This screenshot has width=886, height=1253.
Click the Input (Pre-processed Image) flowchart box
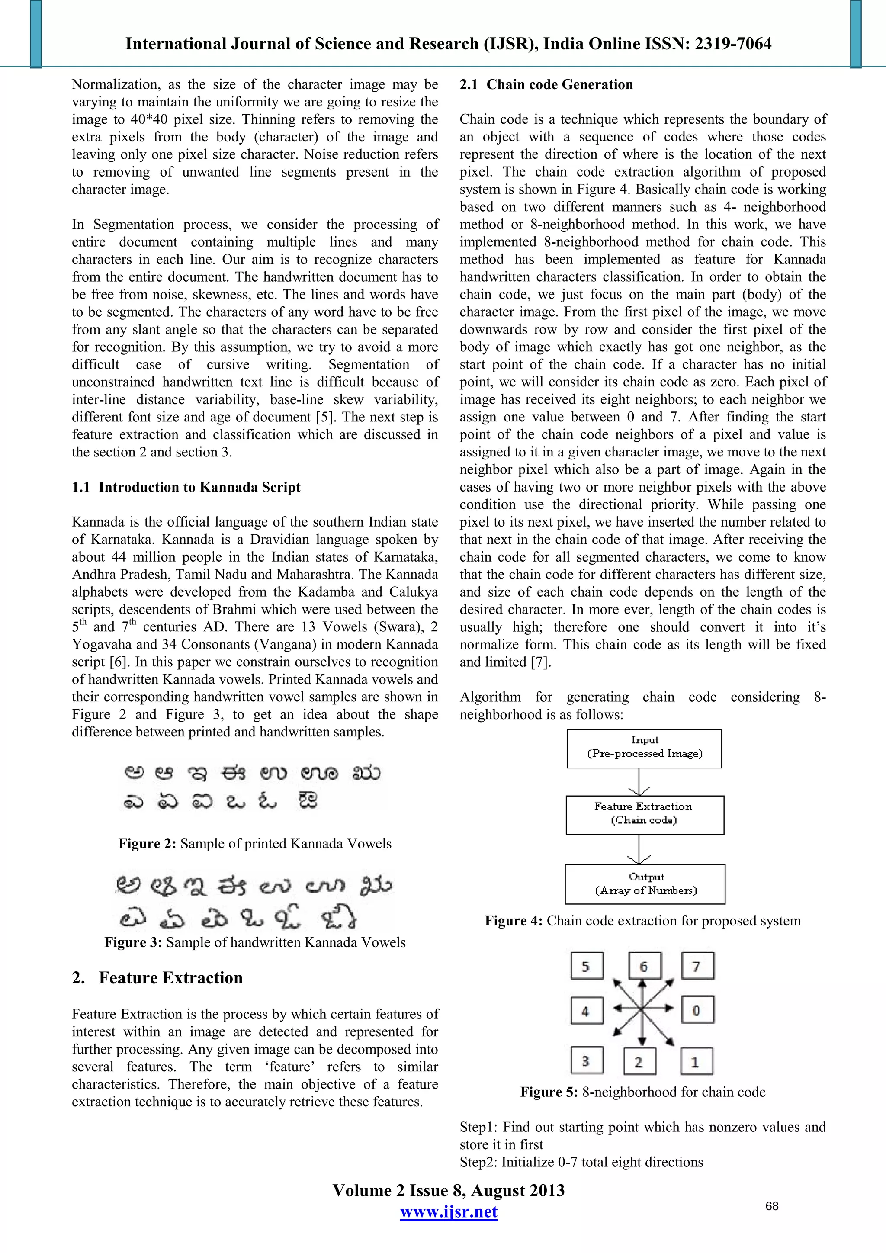[x=644, y=748]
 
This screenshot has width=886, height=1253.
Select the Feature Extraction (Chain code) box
[x=644, y=814]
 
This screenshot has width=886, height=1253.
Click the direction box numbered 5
[x=587, y=965]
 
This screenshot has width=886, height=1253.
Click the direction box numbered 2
[x=639, y=1061]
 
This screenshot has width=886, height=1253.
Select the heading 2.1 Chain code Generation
[x=546, y=85]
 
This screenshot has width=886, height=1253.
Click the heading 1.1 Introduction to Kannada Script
[x=186, y=487]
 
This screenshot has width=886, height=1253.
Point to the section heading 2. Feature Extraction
[x=157, y=977]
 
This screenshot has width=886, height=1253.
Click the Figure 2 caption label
[x=147, y=844]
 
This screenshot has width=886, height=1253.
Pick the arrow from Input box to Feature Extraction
[x=639, y=781]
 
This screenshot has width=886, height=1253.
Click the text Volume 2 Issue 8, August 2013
[x=449, y=1190]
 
